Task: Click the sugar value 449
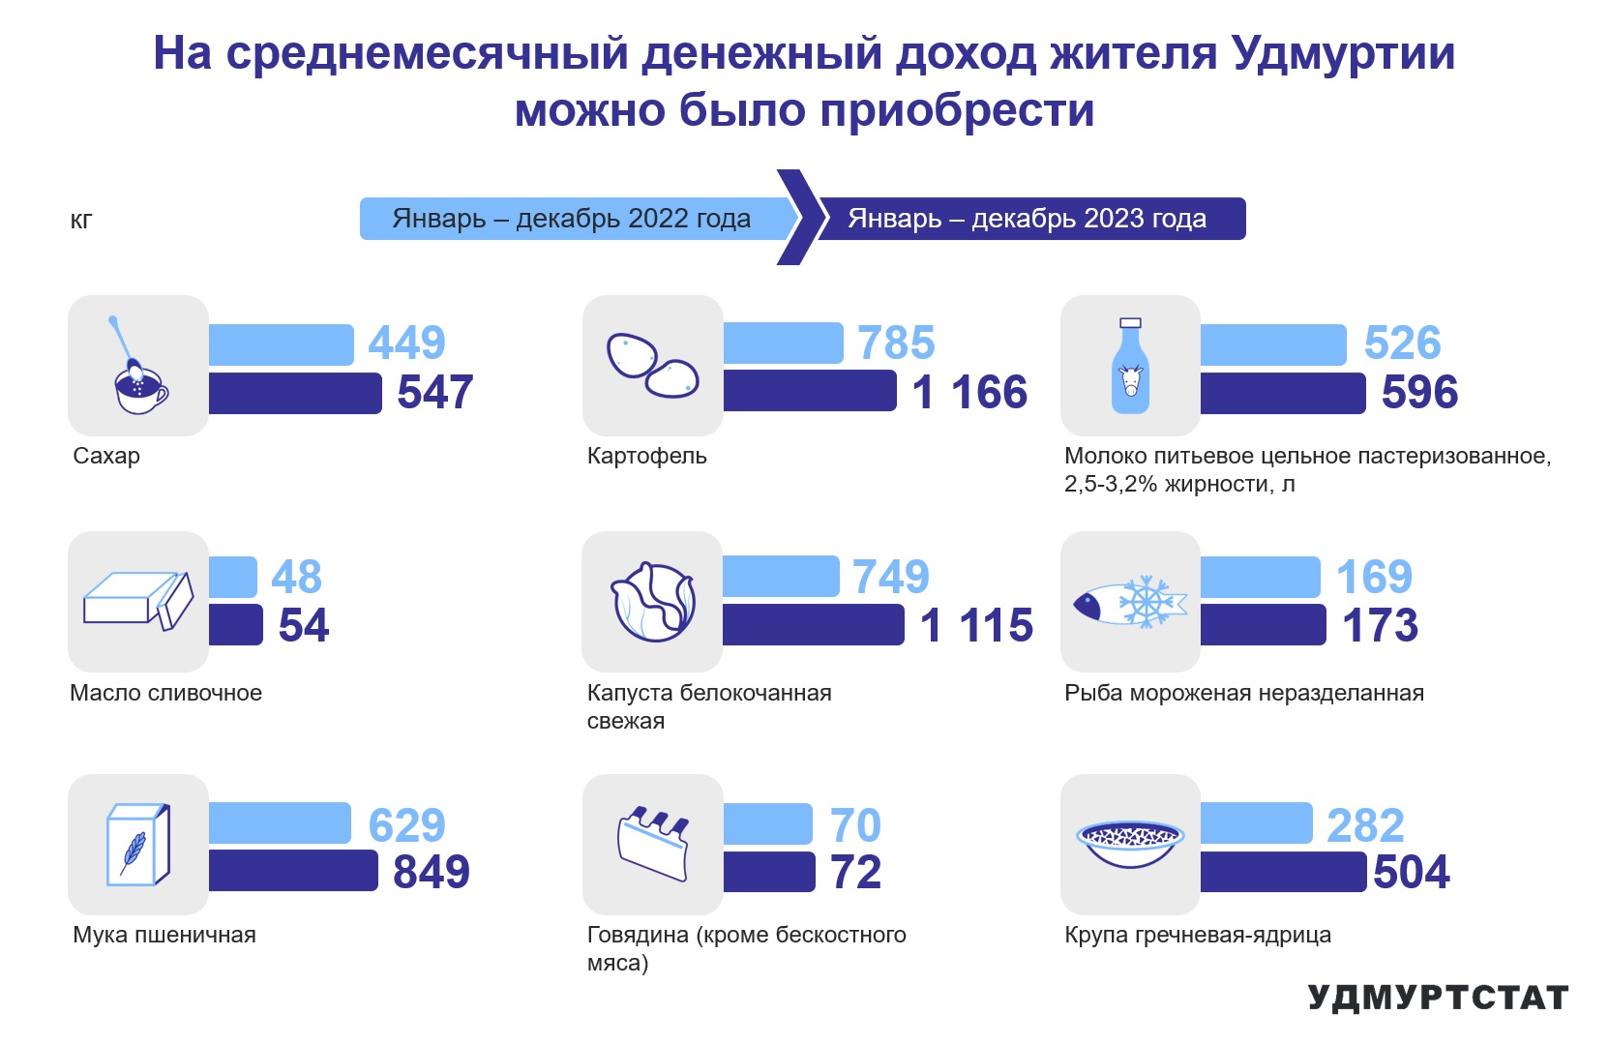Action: click(406, 342)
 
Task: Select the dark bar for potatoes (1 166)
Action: click(810, 391)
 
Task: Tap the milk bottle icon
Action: click(1131, 366)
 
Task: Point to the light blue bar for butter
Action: click(233, 577)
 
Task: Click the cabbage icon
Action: click(653, 601)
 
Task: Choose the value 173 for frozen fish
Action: click(1380, 625)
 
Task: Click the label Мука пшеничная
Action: click(164, 935)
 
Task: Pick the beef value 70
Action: click(855, 824)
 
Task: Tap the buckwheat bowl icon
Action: click(1130, 844)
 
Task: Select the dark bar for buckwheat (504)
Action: click(1283, 871)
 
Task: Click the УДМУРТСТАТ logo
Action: click(1438, 998)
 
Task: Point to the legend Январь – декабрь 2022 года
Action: click(571, 219)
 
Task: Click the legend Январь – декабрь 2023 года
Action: click(1028, 219)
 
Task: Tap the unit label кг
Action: click(81, 221)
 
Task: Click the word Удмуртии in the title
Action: click(1343, 54)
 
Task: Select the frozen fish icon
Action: click(1130, 601)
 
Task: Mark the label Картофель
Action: click(646, 456)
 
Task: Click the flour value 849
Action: click(431, 872)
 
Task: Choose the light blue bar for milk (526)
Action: click(1273, 344)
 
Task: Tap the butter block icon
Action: click(138, 601)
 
